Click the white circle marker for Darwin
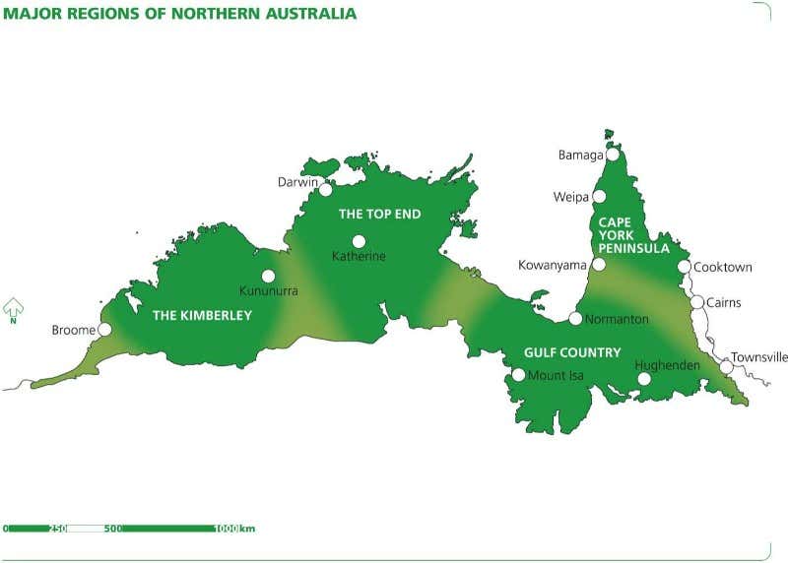tap(326, 189)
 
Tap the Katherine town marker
tap(359, 241)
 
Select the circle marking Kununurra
tap(268, 277)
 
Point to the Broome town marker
tap(104, 330)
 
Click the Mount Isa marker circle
tap(519, 375)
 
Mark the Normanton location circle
tap(575, 318)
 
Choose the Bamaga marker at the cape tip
tap(613, 155)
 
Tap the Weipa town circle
tap(599, 197)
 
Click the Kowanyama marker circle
tap(598, 265)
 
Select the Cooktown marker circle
tap(684, 267)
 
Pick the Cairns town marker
tap(697, 302)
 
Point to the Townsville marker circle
tap(726, 367)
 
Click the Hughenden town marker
tap(644, 379)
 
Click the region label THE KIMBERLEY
tap(202, 316)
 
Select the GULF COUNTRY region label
tap(572, 352)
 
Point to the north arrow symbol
tap(14, 310)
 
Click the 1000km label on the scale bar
tap(235, 530)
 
